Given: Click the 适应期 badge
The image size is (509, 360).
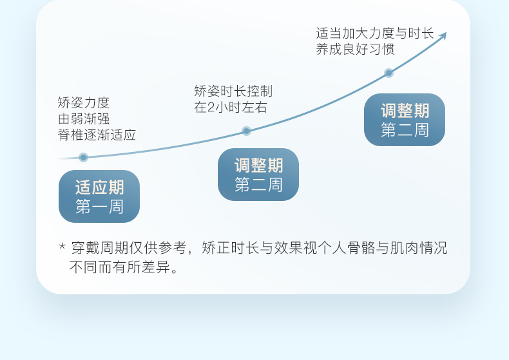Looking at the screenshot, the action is tap(99, 196).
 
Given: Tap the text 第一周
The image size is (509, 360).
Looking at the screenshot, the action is tap(99, 207).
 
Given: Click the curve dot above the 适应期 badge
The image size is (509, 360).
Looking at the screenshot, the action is tap(83, 157).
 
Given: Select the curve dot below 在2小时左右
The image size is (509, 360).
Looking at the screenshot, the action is tap(246, 131).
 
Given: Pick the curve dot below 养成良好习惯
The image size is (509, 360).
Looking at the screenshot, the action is tap(389, 73).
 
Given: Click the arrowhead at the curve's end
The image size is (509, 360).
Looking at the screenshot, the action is tap(443, 35).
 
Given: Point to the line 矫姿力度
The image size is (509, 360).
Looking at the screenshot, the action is tap(84, 102).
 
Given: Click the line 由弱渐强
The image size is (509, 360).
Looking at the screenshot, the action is tap(84, 118).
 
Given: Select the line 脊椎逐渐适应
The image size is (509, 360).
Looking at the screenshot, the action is tap(97, 135).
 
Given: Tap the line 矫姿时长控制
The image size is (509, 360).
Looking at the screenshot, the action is tap(233, 91).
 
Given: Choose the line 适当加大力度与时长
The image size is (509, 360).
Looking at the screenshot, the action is tap(375, 33).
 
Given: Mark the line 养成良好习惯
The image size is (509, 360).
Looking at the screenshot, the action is tap(355, 50).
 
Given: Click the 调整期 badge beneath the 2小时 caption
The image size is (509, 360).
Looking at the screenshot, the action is tap(258, 175).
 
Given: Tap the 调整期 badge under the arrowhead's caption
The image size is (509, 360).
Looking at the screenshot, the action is tap(405, 120).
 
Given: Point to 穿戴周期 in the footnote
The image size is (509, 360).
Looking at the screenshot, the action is tap(98, 248).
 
